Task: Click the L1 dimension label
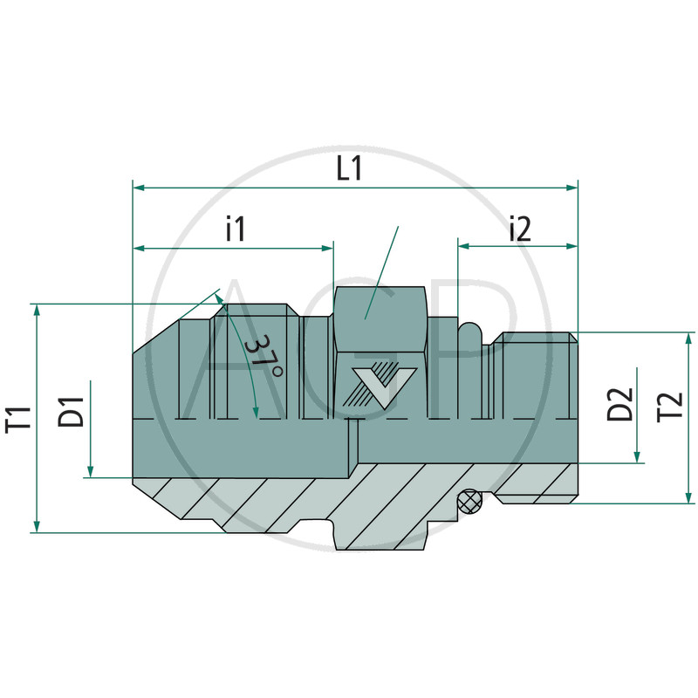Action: [x=350, y=168]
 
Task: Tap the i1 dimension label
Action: [x=236, y=229]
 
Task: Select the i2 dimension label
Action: [x=521, y=229]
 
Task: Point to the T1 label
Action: [x=19, y=419]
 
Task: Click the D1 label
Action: [x=72, y=412]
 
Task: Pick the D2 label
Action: [x=620, y=404]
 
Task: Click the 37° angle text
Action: [x=263, y=357]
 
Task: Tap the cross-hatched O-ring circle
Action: [x=470, y=501]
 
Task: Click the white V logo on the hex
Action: [x=384, y=387]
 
